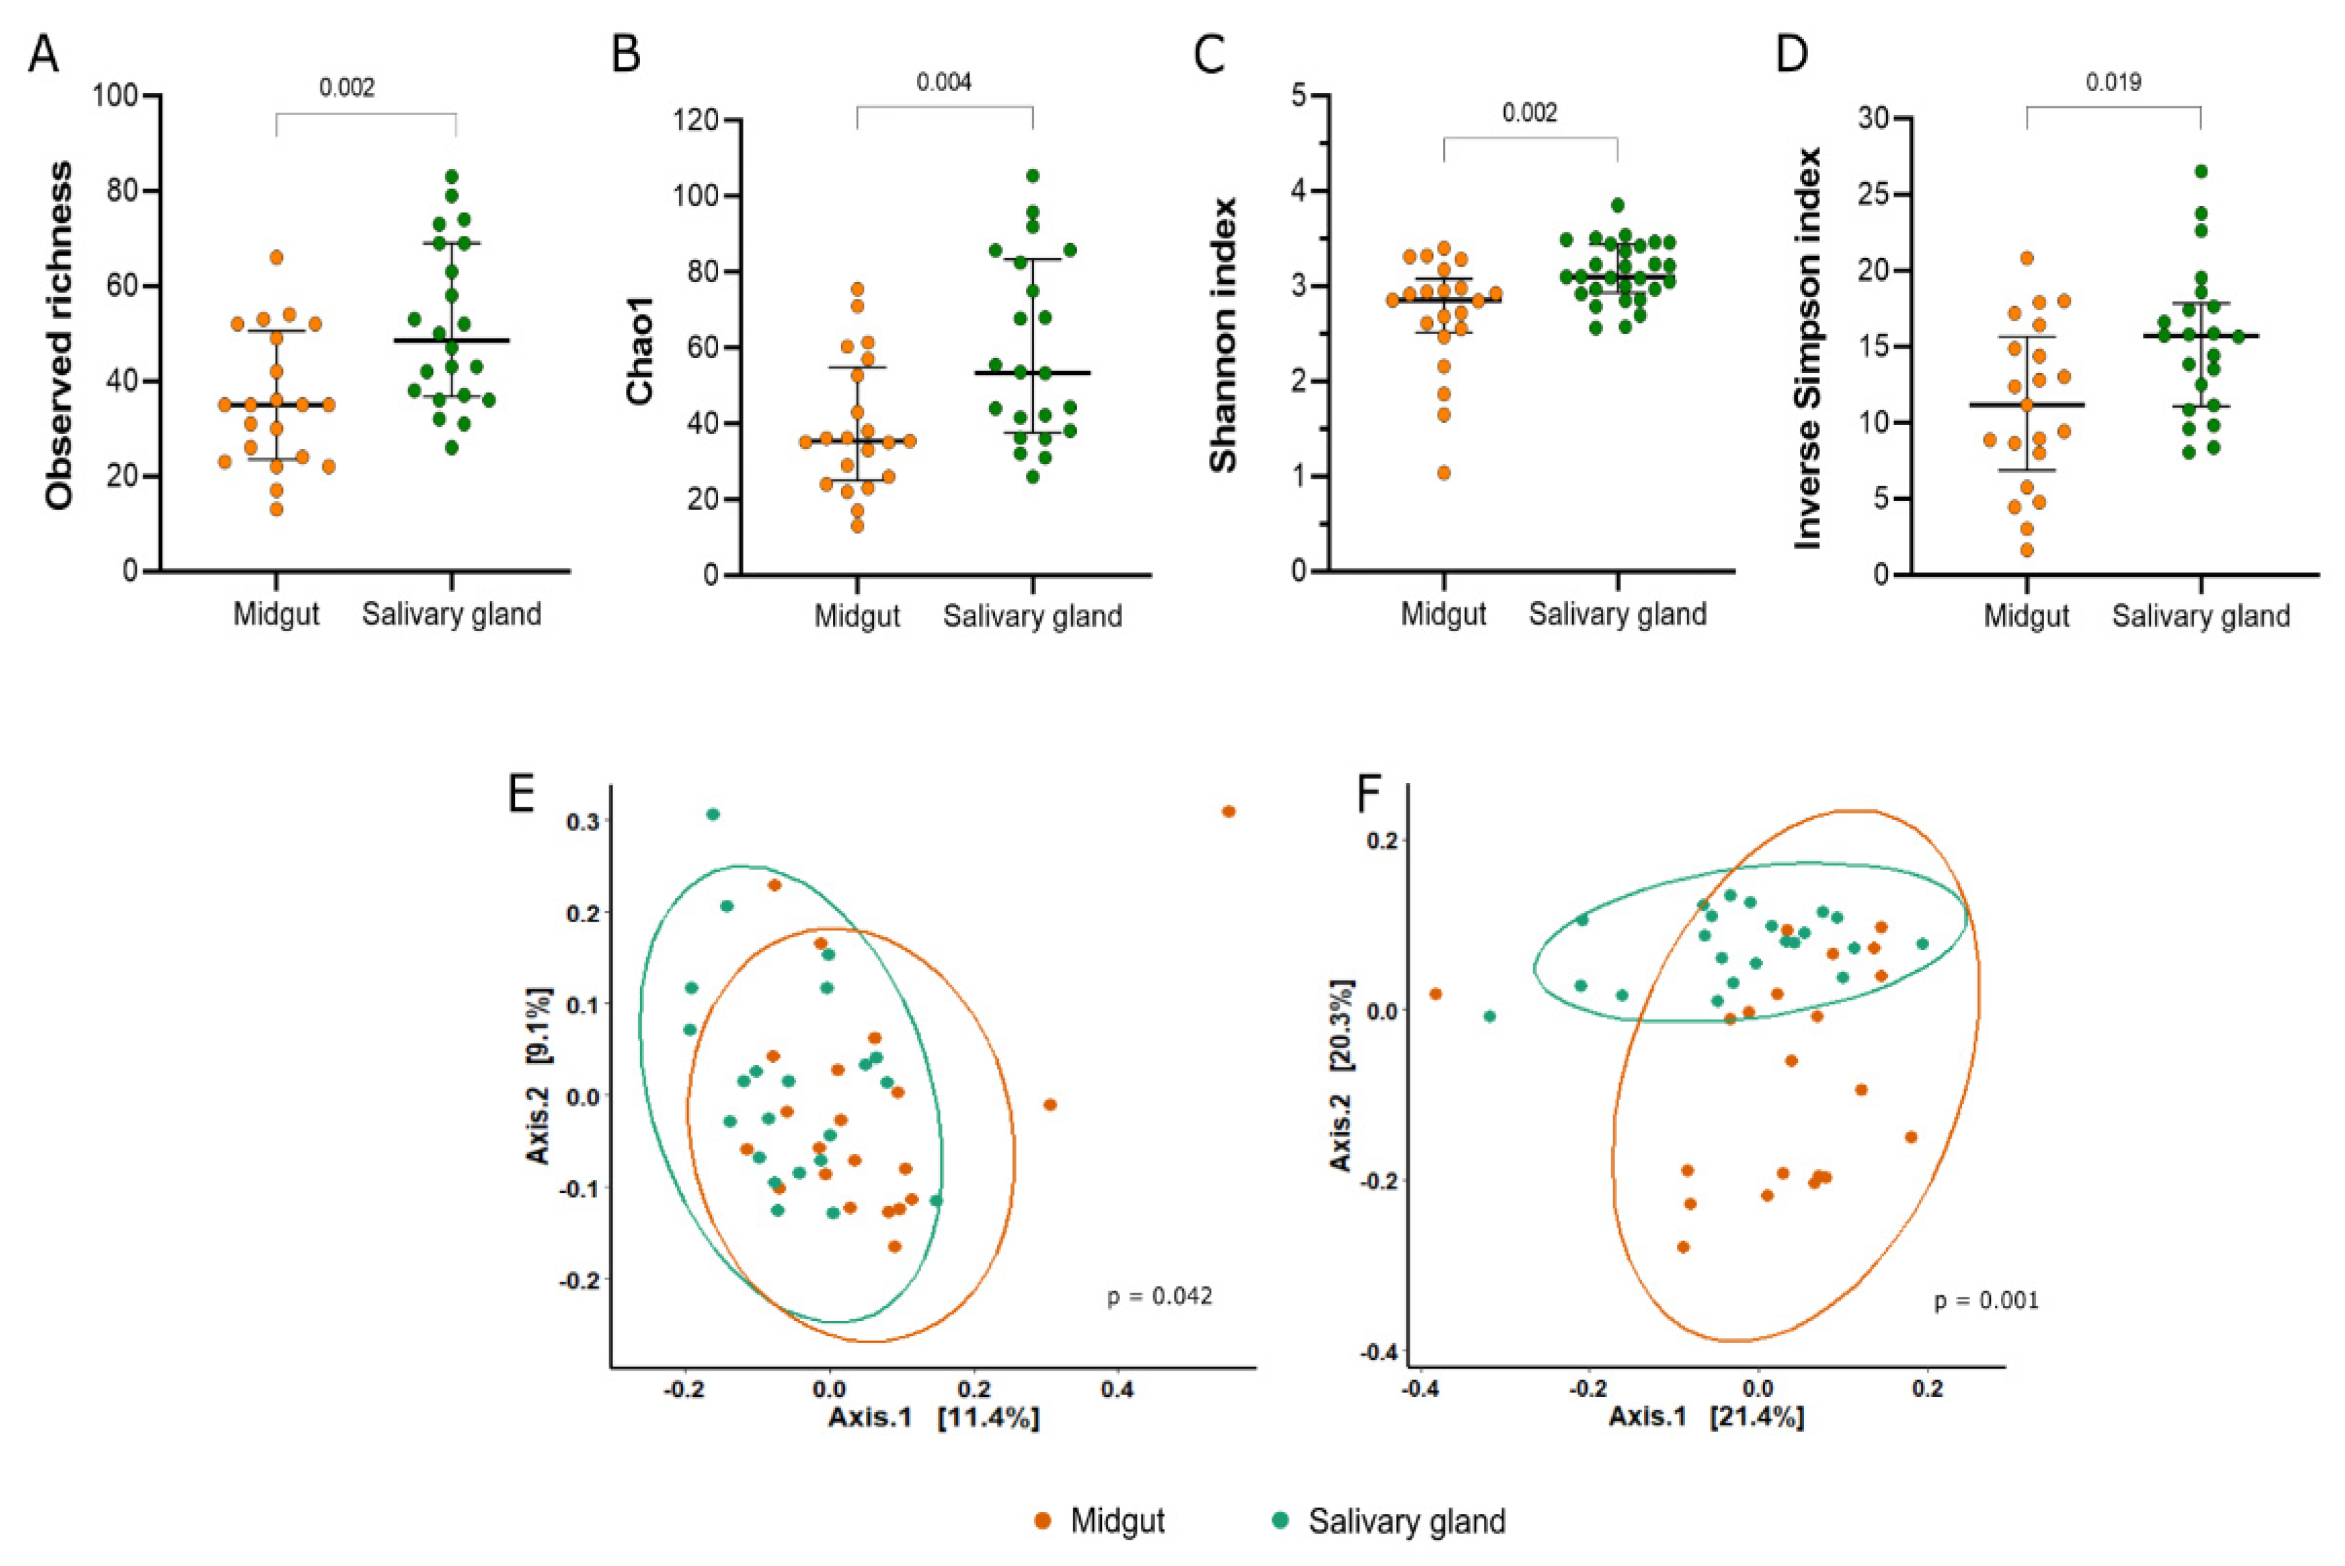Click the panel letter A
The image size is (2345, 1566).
click(43, 55)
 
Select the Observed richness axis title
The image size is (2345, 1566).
click(60, 335)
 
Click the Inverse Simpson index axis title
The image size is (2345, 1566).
click(1809, 347)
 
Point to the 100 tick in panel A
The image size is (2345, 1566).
click(114, 96)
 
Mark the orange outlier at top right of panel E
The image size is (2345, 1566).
click(1228, 811)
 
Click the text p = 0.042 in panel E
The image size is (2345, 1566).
click(1159, 1297)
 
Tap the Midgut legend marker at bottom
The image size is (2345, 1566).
click(1042, 1521)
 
